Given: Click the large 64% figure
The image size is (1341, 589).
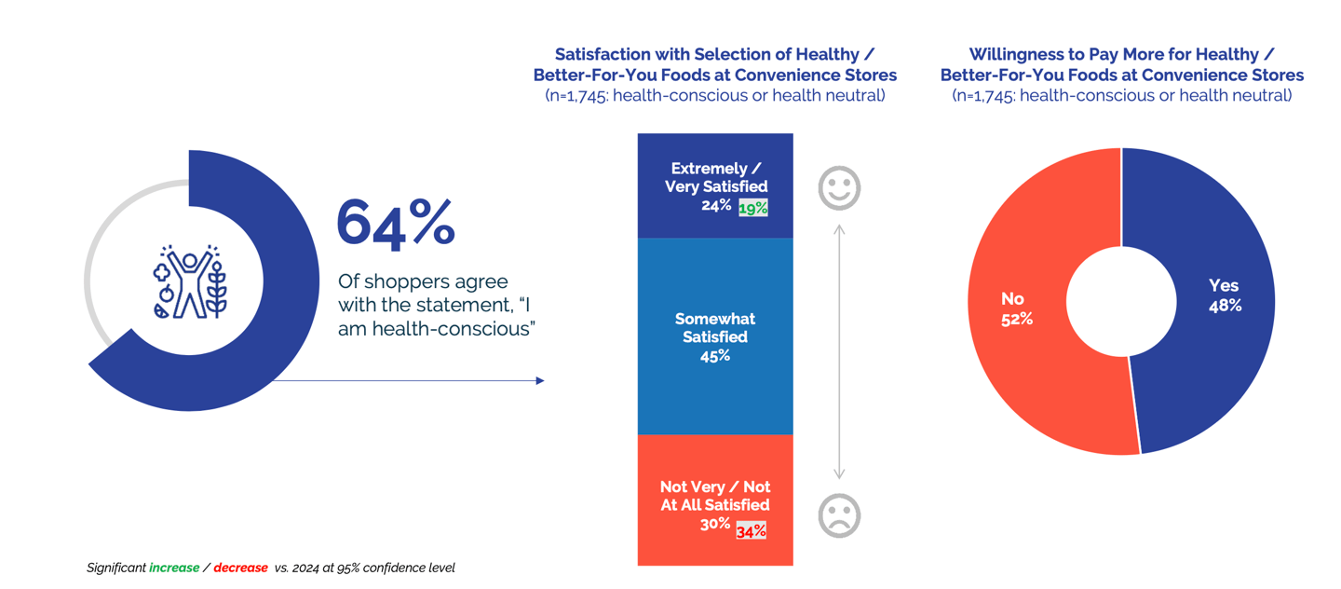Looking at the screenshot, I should (395, 223).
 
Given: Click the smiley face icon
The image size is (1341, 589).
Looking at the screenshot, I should (838, 188).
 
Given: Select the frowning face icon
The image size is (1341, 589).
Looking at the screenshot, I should (838, 515).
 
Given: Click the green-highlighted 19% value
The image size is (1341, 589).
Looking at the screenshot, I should (752, 208).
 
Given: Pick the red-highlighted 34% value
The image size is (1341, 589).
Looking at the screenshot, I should (751, 530).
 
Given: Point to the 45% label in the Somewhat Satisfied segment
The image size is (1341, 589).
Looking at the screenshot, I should (714, 356).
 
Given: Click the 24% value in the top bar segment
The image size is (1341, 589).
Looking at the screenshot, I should (716, 206).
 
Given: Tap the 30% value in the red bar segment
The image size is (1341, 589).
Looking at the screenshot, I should (714, 525).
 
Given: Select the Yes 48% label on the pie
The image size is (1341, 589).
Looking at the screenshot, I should (1224, 295).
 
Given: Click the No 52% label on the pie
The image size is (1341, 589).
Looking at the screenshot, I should (1016, 308).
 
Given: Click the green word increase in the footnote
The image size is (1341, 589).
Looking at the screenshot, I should (174, 568).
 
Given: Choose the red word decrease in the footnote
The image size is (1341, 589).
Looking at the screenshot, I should (240, 568).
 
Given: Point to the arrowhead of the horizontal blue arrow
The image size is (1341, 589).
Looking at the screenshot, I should (540, 380).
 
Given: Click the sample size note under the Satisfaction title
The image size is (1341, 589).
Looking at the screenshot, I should (714, 95).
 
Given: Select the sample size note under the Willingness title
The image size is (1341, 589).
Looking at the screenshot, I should (1121, 95).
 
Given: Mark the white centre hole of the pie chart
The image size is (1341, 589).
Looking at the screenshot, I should (1121, 301).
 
